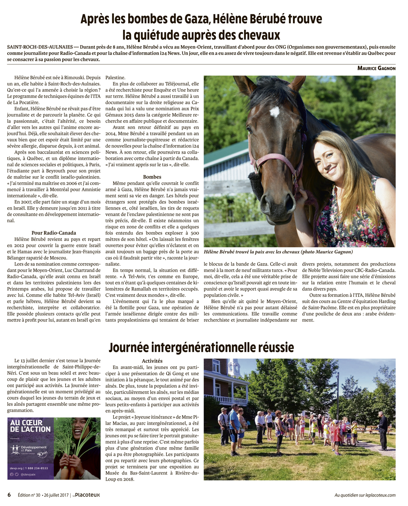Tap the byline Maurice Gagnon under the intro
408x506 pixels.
376,68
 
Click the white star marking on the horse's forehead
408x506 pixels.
274,111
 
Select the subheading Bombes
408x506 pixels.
152,177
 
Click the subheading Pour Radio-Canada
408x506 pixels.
53,233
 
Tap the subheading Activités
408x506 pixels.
152,361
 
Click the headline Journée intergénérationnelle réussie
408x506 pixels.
201,347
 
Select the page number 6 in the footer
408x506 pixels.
9,495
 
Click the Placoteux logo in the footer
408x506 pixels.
88,495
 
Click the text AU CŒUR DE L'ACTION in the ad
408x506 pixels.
30,426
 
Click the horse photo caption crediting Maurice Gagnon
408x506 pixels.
278,252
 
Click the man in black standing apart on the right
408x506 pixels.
382,431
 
